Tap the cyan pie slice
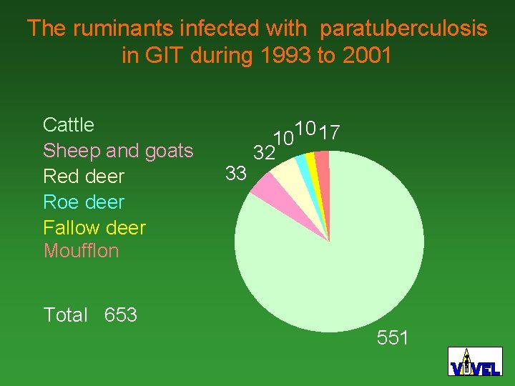click(305, 167)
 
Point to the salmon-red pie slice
click(323, 164)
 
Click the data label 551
click(393, 337)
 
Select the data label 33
click(236, 173)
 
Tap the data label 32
click(265, 153)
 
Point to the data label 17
click(330, 133)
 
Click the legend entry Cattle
click(69, 125)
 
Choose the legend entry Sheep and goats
click(118, 151)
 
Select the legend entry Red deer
click(84, 177)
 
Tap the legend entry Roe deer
click(84, 202)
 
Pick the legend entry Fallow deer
click(94, 228)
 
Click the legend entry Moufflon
click(81, 251)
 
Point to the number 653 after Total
click(121, 315)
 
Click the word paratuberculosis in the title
click(403, 29)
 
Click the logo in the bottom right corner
click(475, 362)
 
